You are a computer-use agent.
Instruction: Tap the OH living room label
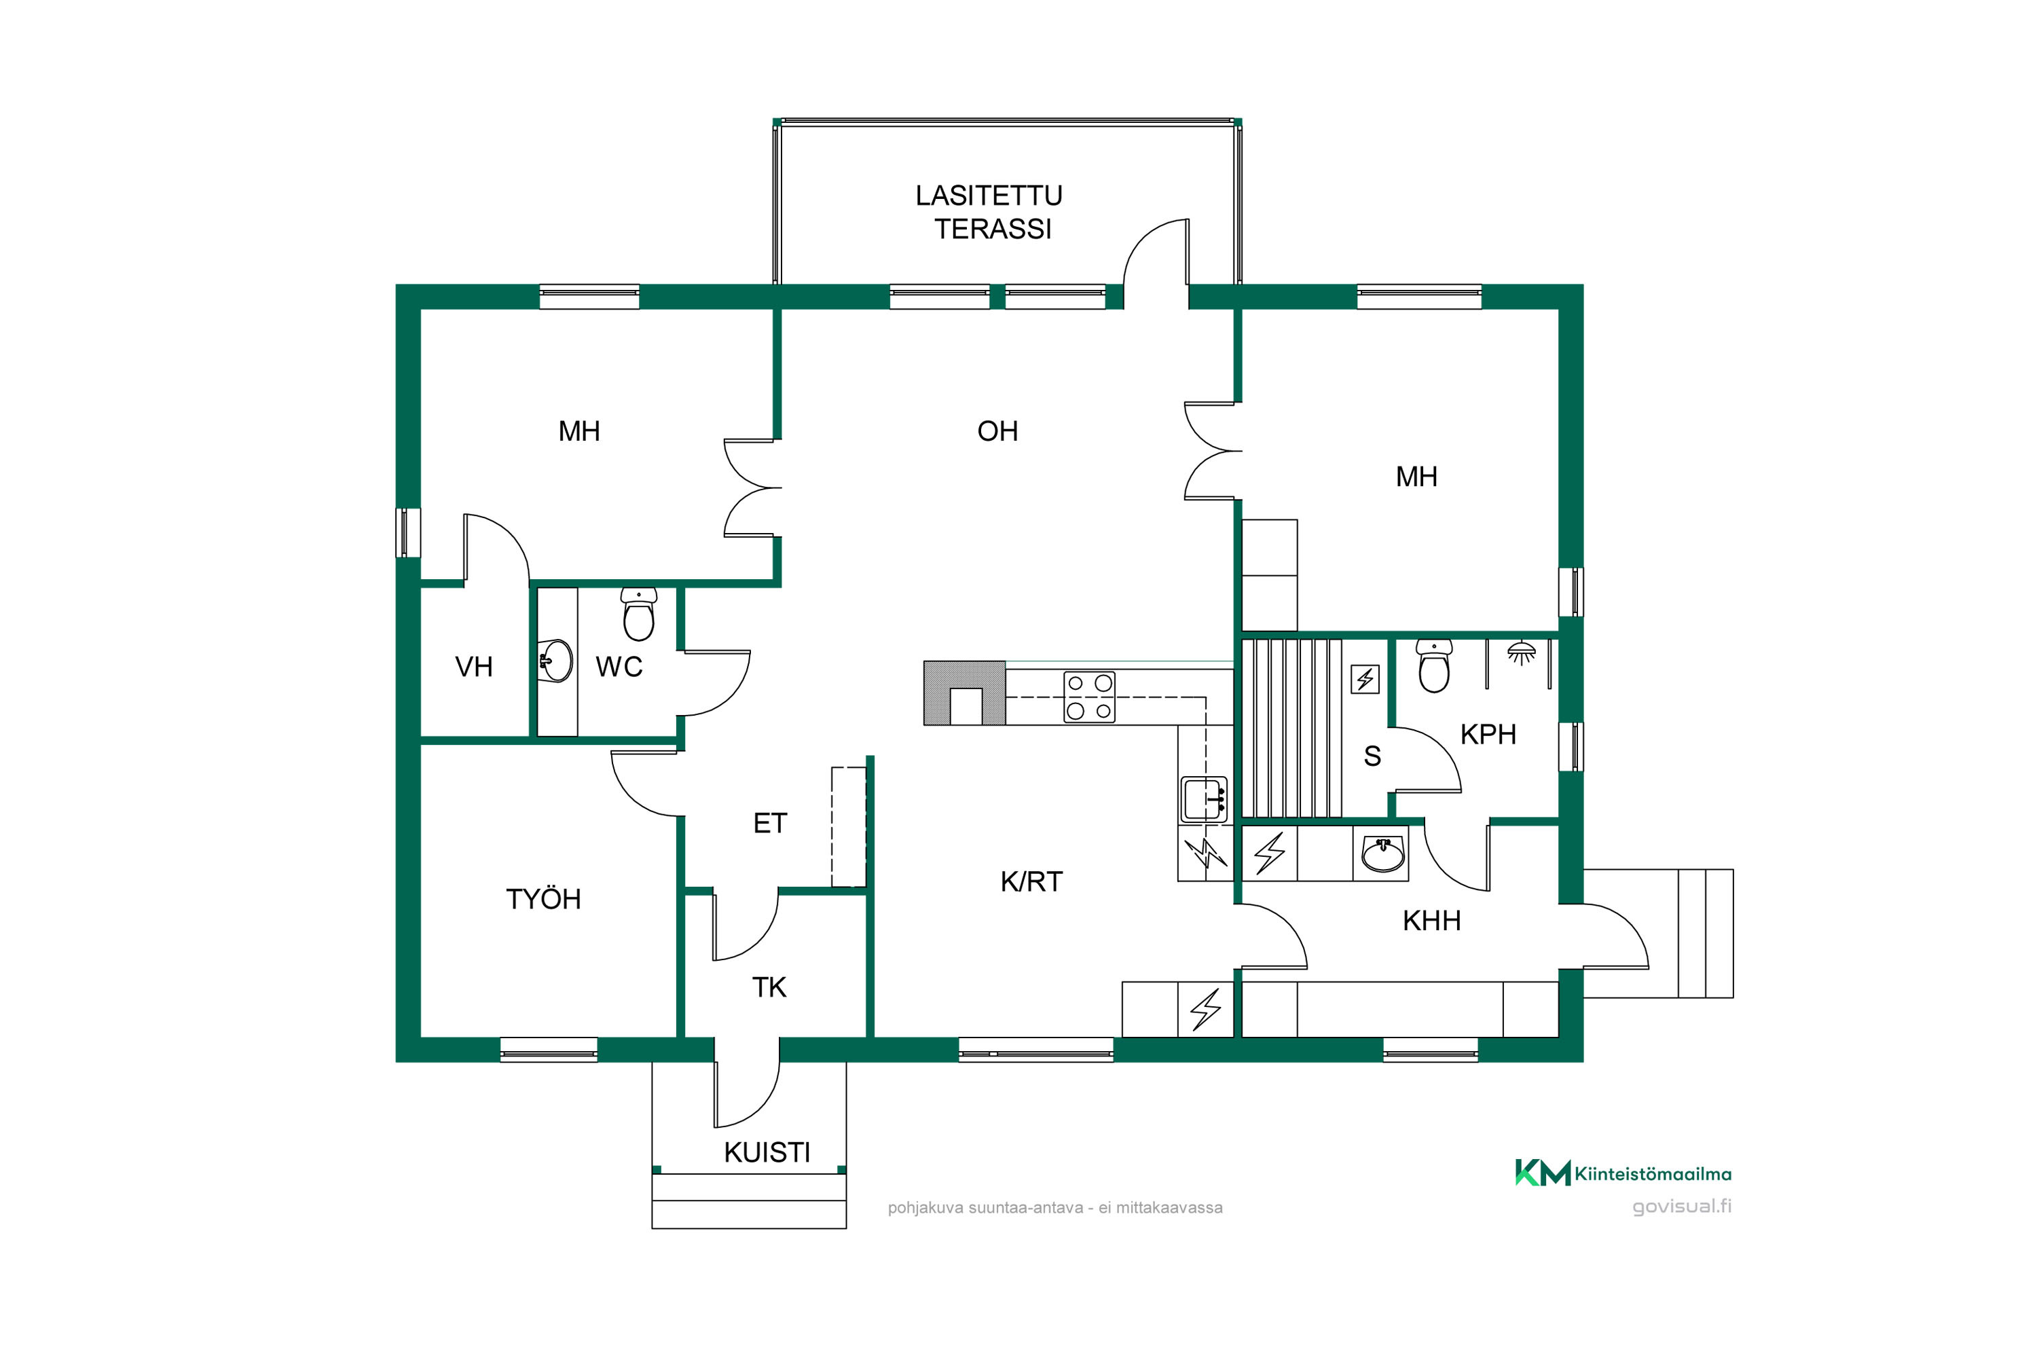tap(997, 431)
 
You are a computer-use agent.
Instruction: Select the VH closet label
tap(474, 667)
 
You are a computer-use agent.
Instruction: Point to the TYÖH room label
tap(543, 899)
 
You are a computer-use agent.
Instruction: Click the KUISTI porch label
tap(767, 1153)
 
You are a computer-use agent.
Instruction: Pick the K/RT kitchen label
tap(1031, 881)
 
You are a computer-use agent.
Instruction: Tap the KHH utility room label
tap(1431, 921)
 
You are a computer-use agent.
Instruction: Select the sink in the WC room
tap(555, 661)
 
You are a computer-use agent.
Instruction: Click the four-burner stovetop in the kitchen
tap(1088, 697)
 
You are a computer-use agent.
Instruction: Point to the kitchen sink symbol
tap(1204, 799)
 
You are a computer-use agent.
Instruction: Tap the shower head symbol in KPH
tap(1522, 652)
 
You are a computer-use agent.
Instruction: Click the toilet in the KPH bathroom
tap(1434, 666)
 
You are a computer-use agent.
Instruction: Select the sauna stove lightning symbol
tap(1365, 679)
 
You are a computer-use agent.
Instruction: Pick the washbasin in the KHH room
tap(1383, 854)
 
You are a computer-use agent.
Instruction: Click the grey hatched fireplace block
tap(965, 693)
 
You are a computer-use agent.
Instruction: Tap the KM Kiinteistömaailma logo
tap(1623, 1173)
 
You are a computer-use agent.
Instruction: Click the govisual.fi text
tap(1682, 1207)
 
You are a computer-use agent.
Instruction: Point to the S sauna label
tap(1372, 756)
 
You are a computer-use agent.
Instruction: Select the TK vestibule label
tap(769, 987)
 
